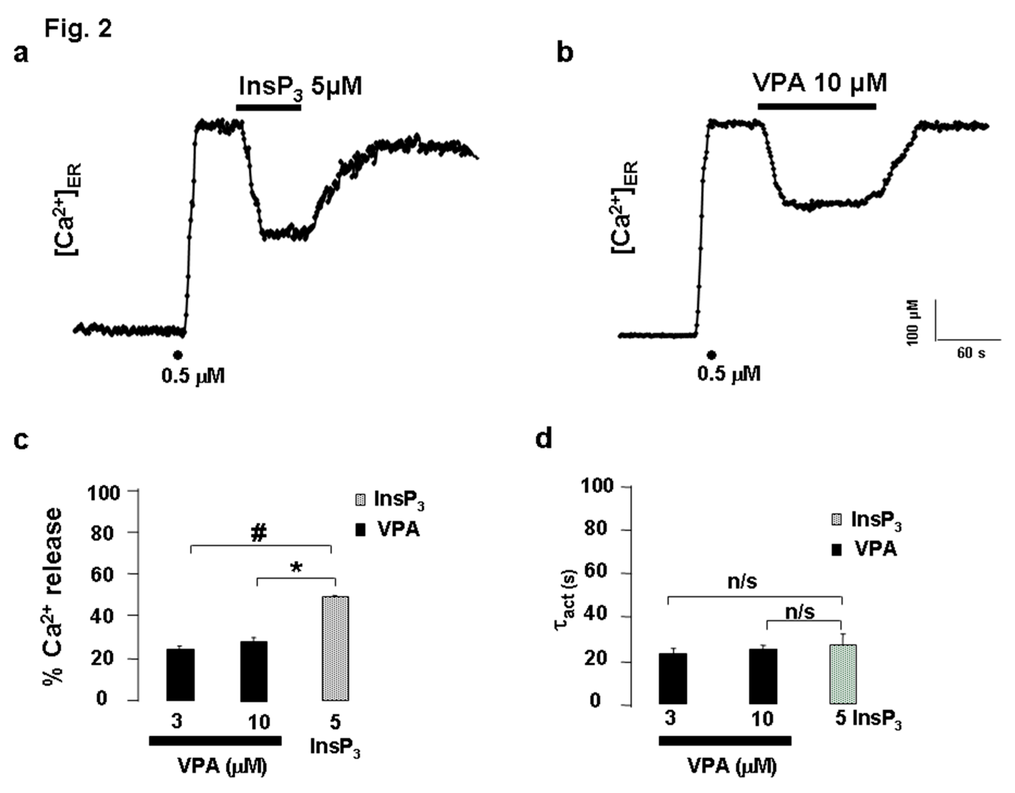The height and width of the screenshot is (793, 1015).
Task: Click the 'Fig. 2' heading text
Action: coord(78,29)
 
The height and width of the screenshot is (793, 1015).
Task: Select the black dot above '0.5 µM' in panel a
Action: coord(177,355)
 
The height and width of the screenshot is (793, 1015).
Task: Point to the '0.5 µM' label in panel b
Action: coord(729,373)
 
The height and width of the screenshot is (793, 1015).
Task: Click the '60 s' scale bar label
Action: coord(971,353)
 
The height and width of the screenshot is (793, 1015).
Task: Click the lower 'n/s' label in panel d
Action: coord(800,612)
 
